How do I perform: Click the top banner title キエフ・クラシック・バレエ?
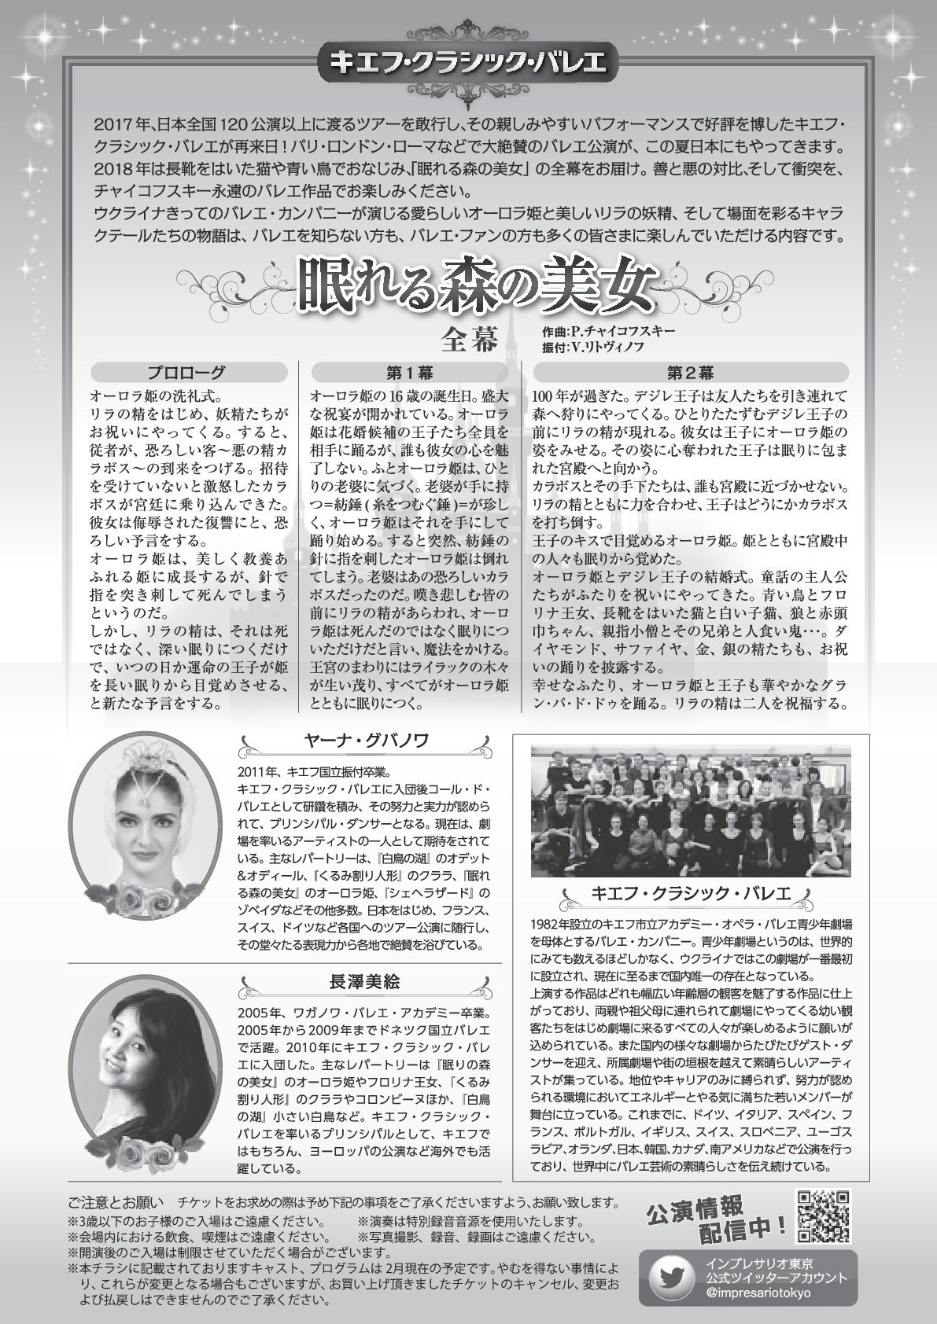(467, 63)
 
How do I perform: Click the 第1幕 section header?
(409, 373)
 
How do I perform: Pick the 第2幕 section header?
(691, 373)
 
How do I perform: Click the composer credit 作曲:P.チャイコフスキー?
(608, 331)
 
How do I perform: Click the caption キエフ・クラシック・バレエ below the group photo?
(690, 893)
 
